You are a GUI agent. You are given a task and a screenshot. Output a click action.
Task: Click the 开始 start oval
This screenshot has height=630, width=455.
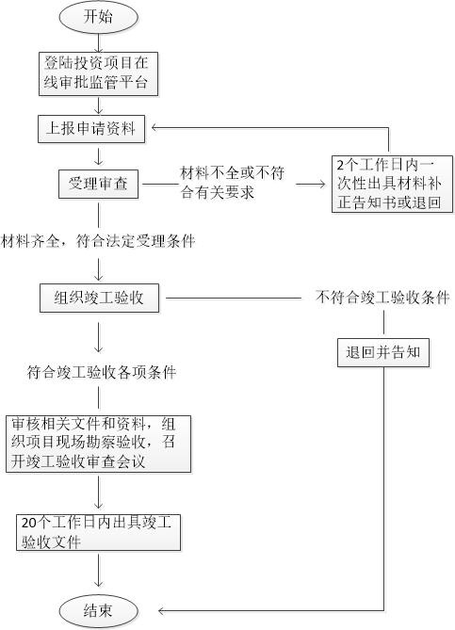coord(99,17)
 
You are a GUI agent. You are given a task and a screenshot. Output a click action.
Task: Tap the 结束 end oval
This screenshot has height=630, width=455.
coord(99,611)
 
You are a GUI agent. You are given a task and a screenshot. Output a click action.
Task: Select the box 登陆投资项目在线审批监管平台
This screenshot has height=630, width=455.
coord(98,74)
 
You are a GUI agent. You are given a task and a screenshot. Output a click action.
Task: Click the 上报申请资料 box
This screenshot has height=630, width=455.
coord(91,129)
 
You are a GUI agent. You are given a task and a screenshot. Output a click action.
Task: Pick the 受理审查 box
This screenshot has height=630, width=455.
coord(99,184)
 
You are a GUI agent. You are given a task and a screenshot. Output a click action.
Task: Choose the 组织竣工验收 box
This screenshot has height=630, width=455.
coord(99,299)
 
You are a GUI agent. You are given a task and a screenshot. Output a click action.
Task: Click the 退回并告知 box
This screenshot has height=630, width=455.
coord(383,353)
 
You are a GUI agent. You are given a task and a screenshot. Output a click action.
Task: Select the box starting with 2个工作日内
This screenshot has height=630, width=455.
coord(392,184)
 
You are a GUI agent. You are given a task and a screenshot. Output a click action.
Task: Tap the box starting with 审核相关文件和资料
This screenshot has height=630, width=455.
coord(99,444)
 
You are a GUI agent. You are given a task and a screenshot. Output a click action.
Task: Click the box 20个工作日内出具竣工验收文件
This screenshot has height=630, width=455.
coord(99,532)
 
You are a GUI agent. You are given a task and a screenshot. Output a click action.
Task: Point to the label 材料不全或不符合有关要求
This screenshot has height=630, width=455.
coord(233,183)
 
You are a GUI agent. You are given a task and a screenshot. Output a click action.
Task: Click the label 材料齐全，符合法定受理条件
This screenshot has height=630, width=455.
coord(98,241)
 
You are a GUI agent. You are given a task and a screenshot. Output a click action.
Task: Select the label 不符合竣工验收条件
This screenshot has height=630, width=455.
coord(382,298)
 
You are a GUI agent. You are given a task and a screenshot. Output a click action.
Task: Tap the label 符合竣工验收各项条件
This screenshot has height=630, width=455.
coord(102,372)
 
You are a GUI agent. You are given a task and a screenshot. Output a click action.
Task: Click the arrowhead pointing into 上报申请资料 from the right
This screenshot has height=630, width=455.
coord(155,128)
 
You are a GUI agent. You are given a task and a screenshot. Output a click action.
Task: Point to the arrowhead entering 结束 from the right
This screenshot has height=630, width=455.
coord(162,611)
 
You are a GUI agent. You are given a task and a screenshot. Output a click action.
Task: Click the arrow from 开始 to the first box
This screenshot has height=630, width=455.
coord(99,43)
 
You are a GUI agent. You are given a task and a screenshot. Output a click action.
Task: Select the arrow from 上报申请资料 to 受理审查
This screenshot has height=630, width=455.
coord(99,156)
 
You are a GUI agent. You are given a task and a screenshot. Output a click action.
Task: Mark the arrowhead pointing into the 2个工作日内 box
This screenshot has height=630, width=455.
coord(321,184)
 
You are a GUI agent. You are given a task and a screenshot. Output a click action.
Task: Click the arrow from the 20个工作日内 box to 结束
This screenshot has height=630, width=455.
coord(99,571)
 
